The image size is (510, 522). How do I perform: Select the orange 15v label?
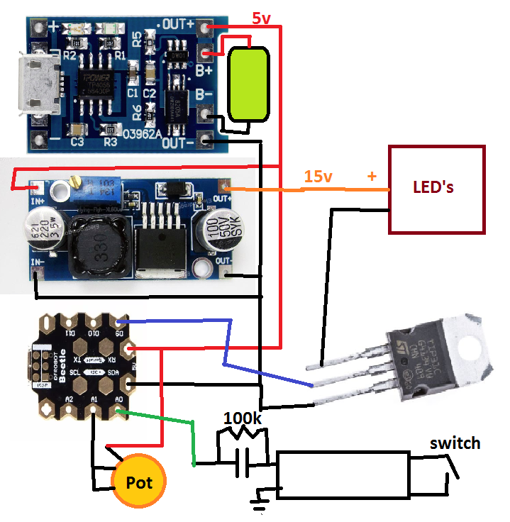[x=318, y=177]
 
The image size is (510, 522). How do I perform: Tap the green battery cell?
[x=248, y=84]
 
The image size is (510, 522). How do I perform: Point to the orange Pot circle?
[x=140, y=482]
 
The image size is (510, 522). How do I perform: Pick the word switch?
[x=455, y=444]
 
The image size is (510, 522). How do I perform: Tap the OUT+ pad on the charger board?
[x=206, y=29]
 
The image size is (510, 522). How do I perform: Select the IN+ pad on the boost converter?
[x=34, y=188]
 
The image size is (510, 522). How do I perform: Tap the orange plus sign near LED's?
[x=372, y=175]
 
